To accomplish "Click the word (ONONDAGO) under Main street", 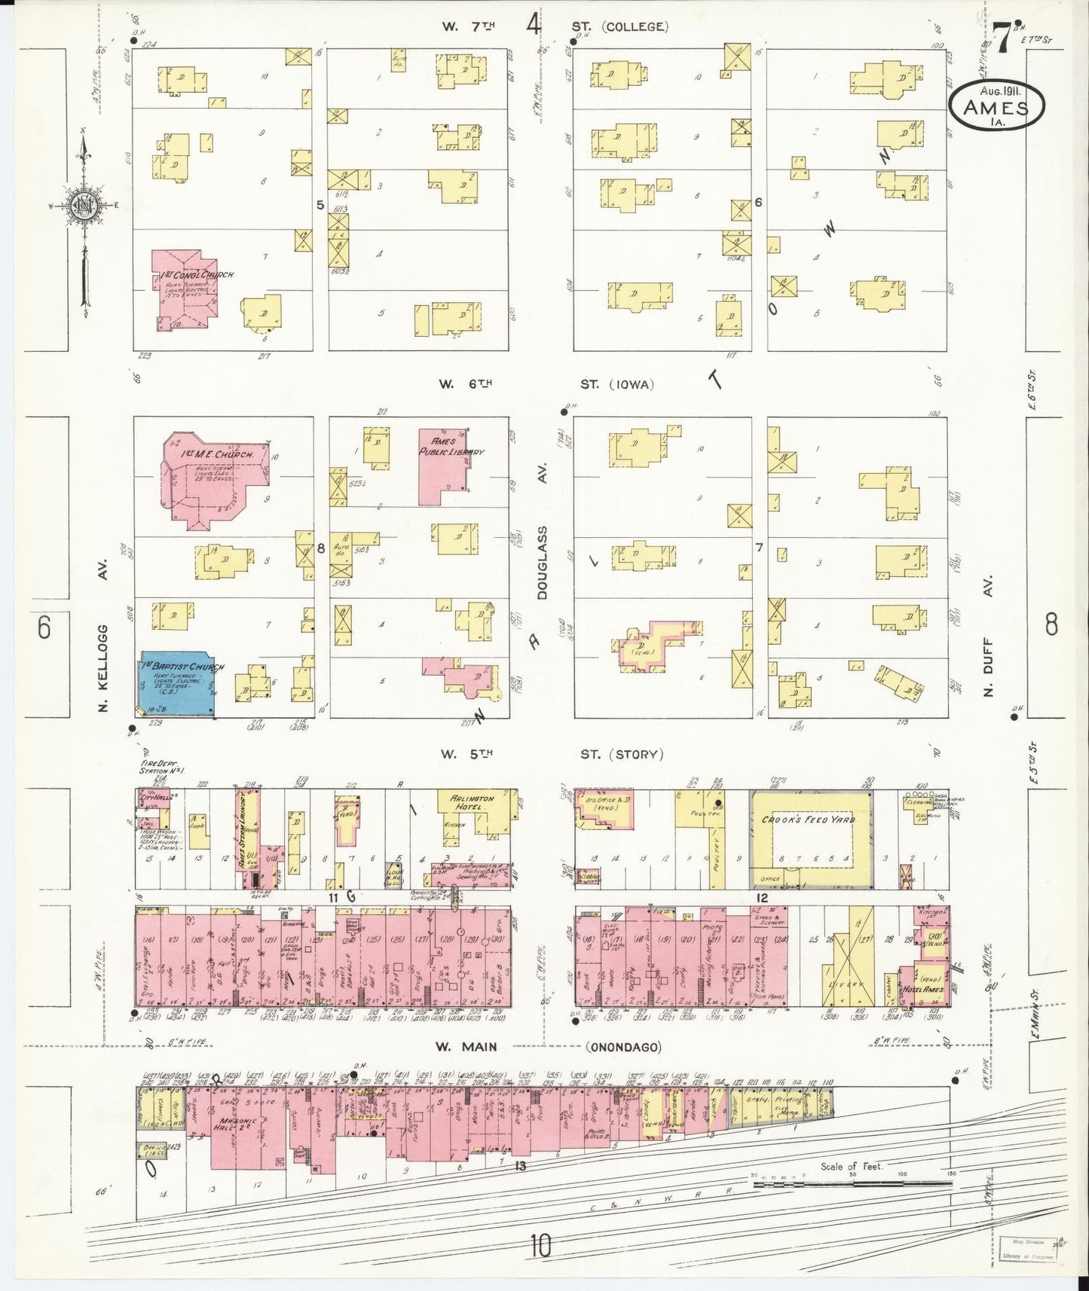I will [x=623, y=1047].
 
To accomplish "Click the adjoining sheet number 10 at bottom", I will [x=540, y=1246].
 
